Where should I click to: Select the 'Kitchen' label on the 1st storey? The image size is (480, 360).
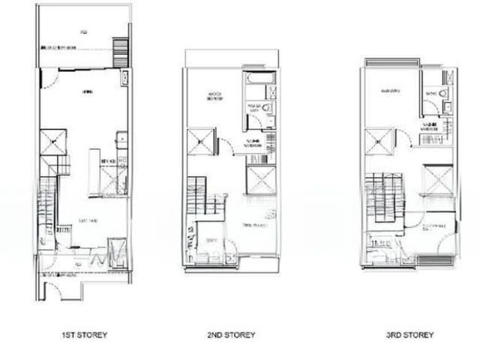107,160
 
